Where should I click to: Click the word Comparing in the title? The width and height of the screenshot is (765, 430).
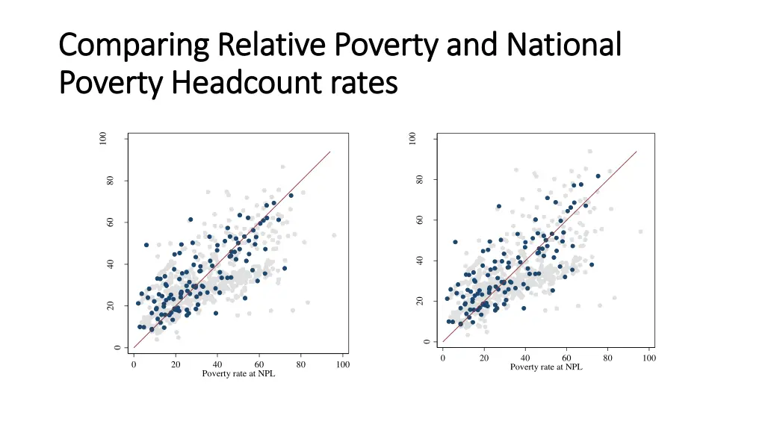click(x=131, y=46)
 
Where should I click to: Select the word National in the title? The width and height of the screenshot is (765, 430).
click(x=564, y=46)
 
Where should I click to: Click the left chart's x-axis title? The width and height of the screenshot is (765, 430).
click(x=238, y=374)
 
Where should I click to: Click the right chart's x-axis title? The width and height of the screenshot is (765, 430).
click(x=546, y=367)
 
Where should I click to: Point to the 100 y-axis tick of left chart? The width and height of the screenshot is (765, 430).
click(x=104, y=139)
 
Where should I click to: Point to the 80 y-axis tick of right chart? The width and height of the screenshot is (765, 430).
click(x=420, y=179)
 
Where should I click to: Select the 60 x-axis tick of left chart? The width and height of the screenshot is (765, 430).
click(x=260, y=364)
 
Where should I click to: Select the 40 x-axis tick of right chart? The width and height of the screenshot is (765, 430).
click(x=525, y=358)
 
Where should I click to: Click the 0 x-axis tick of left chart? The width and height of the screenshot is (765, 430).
click(x=133, y=364)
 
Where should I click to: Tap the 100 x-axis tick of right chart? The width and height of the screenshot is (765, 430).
click(x=649, y=358)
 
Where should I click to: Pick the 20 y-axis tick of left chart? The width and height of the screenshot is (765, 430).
click(x=110, y=306)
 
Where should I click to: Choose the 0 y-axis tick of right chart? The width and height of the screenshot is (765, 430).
click(x=426, y=342)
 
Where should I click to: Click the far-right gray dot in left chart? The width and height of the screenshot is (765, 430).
click(x=334, y=235)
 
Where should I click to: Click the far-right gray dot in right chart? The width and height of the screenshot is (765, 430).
click(x=640, y=231)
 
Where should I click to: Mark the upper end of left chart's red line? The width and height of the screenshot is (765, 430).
click(x=330, y=152)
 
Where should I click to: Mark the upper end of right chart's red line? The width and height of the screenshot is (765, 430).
click(x=637, y=151)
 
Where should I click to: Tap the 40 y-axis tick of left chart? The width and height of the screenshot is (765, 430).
click(x=110, y=264)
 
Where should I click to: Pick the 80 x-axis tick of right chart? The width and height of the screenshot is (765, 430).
click(x=608, y=358)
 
